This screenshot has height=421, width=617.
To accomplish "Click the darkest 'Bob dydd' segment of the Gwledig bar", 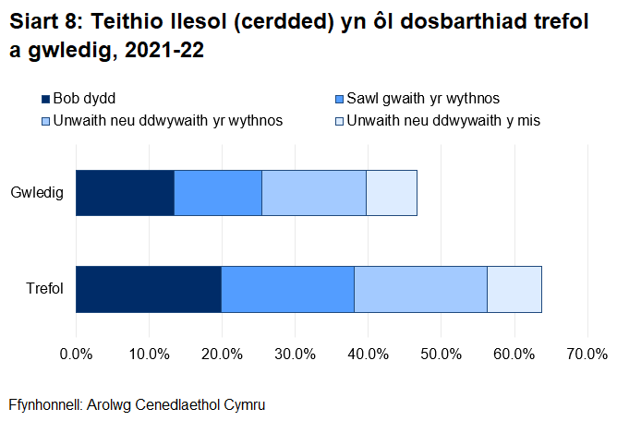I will (125, 193).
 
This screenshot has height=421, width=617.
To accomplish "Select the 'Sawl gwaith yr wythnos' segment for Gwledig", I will (218, 193).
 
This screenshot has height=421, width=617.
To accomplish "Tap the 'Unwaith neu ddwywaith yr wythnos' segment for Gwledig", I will (314, 193).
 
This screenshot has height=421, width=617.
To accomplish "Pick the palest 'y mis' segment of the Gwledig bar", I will (392, 193).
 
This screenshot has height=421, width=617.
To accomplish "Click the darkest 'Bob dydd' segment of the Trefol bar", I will (149, 289).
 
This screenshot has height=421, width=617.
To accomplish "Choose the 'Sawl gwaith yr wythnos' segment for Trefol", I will (287, 289).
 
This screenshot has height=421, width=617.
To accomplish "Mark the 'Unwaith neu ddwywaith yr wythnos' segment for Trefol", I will (420, 289).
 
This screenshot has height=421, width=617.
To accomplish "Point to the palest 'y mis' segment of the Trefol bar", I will (514, 289).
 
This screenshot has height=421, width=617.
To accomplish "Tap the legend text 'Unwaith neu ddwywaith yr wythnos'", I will (168, 120).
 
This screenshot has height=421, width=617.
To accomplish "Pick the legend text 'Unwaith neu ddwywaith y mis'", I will (443, 120).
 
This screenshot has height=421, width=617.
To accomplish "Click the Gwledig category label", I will (37, 193).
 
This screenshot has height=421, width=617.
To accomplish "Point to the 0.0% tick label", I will (76, 354).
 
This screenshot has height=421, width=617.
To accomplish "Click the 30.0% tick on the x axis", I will (295, 354).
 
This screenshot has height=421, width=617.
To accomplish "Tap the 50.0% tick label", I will (441, 354).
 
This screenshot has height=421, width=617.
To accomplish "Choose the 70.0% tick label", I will (587, 354).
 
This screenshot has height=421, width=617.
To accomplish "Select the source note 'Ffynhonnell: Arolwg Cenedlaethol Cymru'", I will (130, 404).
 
